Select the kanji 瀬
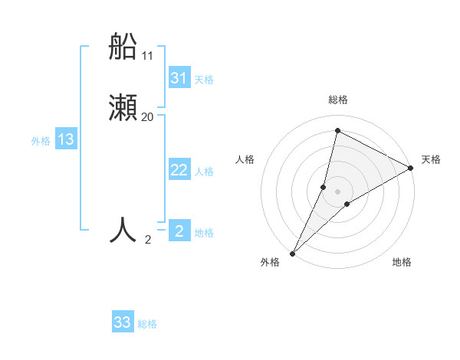tap(123, 109)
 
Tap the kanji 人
tap(123, 230)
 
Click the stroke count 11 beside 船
tap(148, 56)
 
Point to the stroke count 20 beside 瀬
tap(148, 117)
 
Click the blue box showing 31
tap(179, 78)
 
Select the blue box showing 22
tap(179, 170)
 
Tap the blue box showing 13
tap(66, 139)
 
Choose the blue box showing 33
tap(123, 322)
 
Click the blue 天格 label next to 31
tap(204, 80)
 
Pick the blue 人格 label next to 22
tap(205, 172)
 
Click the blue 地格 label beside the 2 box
tap(204, 233)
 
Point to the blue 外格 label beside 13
tap(41, 141)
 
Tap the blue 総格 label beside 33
tap(147, 324)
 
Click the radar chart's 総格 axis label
tap(338, 100)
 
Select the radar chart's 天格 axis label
tap(431, 159)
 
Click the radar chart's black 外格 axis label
tap(270, 263)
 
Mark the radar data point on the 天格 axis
tap(411, 168)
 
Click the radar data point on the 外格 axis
tap(293, 253)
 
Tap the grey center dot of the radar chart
tap(338, 191)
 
